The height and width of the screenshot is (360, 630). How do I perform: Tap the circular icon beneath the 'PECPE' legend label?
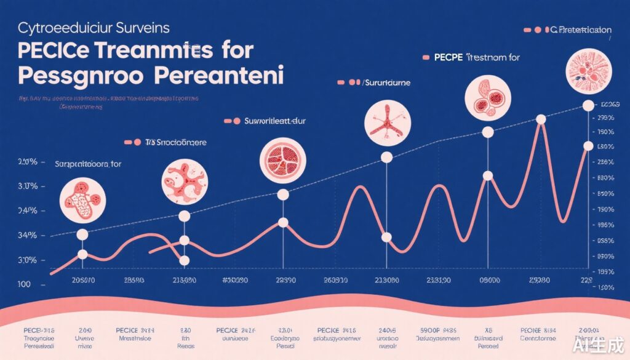pos(486,98)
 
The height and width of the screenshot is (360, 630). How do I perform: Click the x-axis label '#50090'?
pos(234,281)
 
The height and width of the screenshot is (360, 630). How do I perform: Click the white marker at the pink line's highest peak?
pos(541,119)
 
